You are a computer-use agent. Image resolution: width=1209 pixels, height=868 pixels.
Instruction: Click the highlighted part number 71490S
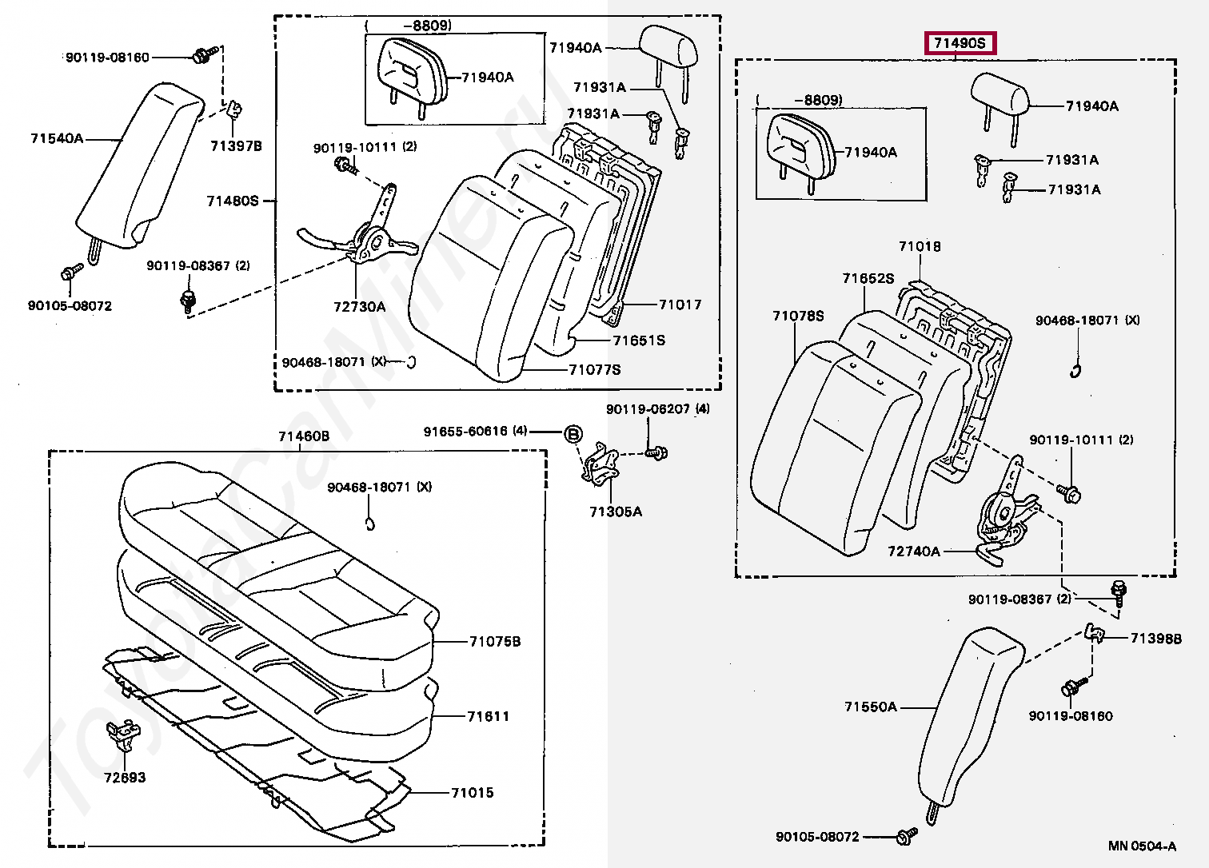click(x=960, y=43)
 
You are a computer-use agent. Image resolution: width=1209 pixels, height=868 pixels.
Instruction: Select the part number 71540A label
click(x=57, y=138)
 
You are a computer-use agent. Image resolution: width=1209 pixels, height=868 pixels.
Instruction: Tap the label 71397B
click(x=236, y=146)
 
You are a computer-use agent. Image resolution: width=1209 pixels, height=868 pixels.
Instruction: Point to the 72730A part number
click(x=359, y=306)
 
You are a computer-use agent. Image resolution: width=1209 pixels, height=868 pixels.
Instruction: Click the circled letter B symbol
click(x=573, y=434)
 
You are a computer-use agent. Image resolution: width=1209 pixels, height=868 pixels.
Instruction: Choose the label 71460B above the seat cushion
click(x=303, y=436)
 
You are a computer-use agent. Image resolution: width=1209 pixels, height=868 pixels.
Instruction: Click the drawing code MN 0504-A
click(x=1142, y=846)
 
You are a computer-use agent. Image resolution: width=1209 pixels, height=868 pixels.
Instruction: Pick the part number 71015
click(x=472, y=793)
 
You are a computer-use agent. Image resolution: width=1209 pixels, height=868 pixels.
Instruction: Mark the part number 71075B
click(x=494, y=641)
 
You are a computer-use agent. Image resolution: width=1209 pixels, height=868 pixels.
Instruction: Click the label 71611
click(x=488, y=716)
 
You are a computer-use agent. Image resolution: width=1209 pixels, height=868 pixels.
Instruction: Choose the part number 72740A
click(x=914, y=551)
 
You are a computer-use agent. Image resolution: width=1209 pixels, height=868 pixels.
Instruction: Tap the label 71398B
click(x=1155, y=639)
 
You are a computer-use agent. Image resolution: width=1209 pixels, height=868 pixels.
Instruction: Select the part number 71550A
click(x=871, y=707)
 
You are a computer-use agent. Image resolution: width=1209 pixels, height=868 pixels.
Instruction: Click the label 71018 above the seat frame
click(x=920, y=246)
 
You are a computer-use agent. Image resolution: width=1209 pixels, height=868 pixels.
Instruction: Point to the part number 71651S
click(x=639, y=340)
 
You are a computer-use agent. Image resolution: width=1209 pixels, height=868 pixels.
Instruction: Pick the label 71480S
click(x=233, y=201)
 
